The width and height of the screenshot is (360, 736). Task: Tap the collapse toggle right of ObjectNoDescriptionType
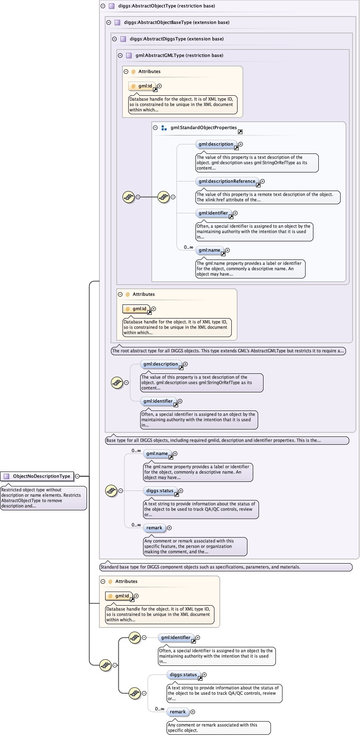click(77, 476)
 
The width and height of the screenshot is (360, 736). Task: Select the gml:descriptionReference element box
click(227, 181)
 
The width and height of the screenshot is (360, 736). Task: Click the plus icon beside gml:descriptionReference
click(262, 181)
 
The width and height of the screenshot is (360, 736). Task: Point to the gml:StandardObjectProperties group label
click(204, 127)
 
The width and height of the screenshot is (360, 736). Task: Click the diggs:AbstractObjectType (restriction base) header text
click(167, 6)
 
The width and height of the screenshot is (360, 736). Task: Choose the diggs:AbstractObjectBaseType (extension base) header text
click(176, 22)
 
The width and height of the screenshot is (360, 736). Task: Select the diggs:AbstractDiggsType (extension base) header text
click(176, 39)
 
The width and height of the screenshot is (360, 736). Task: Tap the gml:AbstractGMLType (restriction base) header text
click(179, 55)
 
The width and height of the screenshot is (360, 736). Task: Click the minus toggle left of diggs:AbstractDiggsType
click(114, 39)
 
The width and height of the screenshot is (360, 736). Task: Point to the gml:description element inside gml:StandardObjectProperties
click(216, 144)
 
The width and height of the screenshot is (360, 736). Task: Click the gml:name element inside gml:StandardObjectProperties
click(209, 250)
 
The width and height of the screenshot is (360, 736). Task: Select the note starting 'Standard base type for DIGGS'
click(226, 567)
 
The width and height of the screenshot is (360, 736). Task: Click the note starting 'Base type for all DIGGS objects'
click(227, 440)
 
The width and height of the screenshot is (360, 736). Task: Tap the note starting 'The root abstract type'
click(228, 351)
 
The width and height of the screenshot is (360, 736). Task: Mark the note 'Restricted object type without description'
click(43, 498)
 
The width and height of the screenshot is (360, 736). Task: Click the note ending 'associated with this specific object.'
click(219, 727)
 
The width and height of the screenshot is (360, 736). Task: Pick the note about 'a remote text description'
click(268, 197)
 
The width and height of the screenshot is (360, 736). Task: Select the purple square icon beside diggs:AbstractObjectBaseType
click(117, 22)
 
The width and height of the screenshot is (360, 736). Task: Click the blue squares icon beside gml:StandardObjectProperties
click(164, 128)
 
